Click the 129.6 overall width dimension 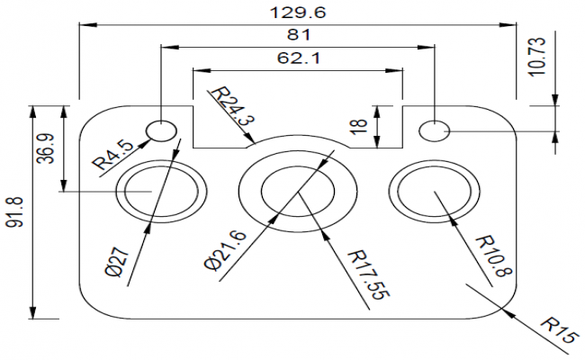298,13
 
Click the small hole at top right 436,130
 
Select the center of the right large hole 433,191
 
